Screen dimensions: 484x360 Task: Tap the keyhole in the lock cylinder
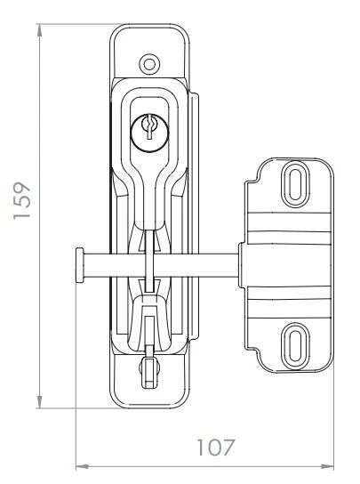coord(148,131)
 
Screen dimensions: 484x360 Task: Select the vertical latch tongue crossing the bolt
coord(148,267)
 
